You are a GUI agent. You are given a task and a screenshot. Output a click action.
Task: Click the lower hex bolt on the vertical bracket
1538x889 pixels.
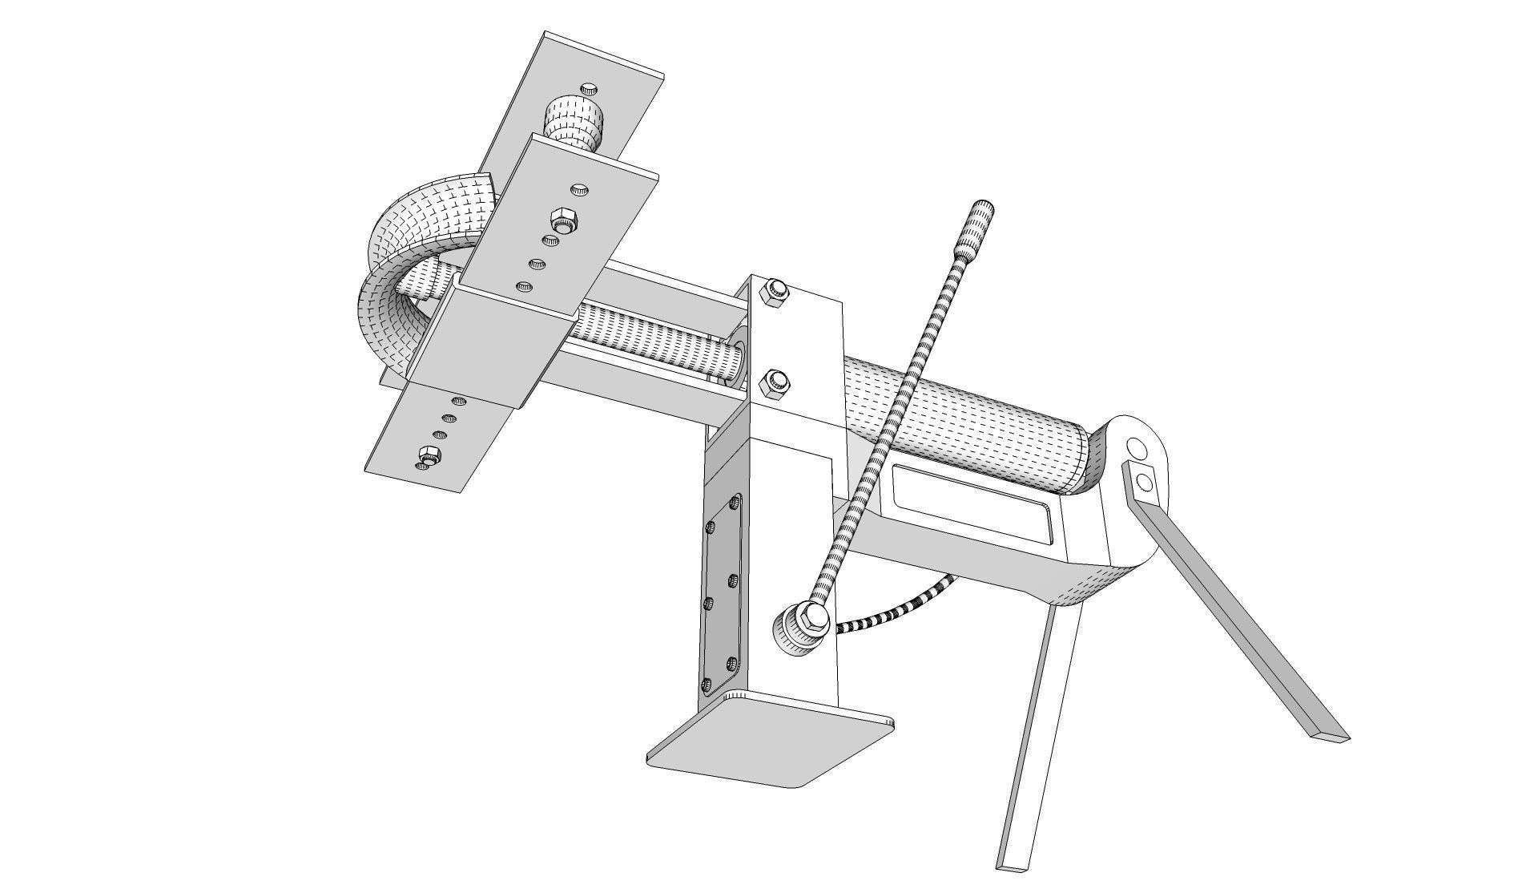774,382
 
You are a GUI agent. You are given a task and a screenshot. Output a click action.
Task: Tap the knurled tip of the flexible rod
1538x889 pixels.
981,217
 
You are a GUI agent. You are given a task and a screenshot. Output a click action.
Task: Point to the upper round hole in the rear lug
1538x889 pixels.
1136,445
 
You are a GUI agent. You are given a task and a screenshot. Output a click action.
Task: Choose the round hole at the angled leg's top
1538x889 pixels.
1145,482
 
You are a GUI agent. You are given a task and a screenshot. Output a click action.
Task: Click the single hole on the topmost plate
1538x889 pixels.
590,87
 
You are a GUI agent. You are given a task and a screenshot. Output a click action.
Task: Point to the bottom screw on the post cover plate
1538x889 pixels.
706,684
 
